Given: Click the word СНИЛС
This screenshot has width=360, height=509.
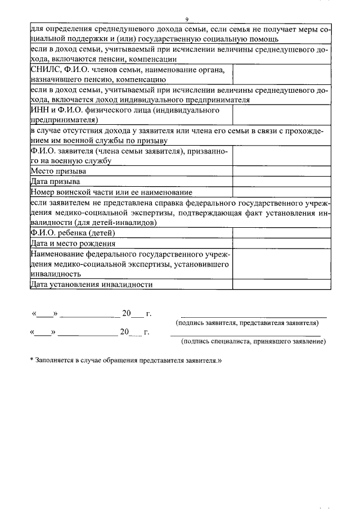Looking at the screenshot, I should tap(44, 70).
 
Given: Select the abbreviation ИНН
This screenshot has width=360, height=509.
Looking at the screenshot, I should tap(38, 110).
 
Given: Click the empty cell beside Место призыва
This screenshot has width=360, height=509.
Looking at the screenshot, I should tap(281, 171).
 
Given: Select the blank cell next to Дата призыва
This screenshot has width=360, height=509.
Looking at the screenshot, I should tap(281, 182).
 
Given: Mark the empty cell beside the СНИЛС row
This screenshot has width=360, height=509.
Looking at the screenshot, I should tap(281, 75).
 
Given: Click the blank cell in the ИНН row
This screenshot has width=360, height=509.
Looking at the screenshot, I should tap(281, 115).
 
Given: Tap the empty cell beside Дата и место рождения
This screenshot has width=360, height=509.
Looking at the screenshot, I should tap(281, 244).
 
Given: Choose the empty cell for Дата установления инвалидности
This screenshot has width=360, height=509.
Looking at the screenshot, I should tap(281, 284).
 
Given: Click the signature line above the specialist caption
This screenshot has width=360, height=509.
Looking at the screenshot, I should tap(245, 335).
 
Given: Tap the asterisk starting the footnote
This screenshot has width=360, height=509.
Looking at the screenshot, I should tap(32, 359).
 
